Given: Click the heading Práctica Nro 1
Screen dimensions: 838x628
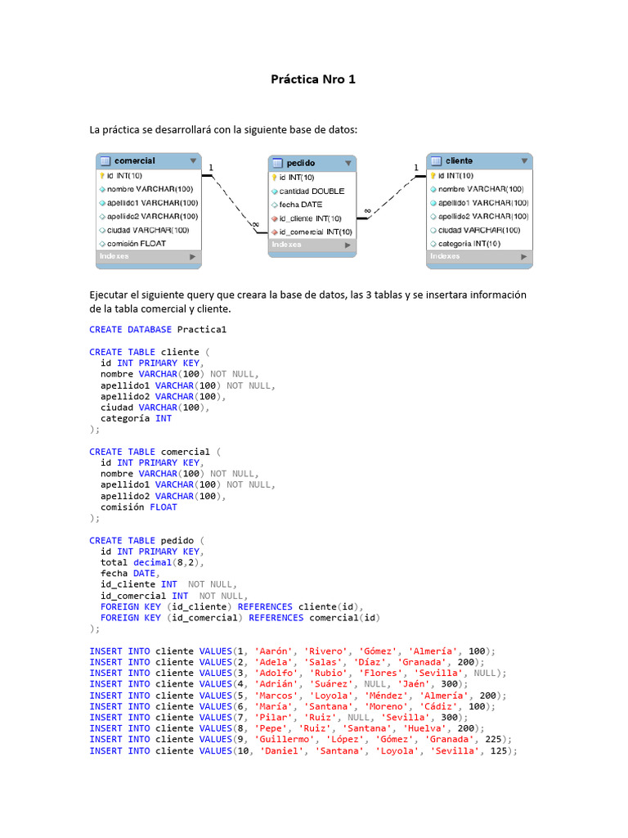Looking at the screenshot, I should pos(313,79).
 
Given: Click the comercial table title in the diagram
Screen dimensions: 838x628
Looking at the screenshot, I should pos(135,160).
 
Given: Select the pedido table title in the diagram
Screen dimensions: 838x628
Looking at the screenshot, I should pos(301,163).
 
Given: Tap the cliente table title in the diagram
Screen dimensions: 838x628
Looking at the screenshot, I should pos(459,160).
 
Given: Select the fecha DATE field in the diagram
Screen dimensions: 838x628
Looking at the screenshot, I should pos(301,205).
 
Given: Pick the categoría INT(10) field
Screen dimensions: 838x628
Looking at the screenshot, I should pos(469,243).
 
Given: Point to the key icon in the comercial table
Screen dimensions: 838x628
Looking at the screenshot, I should pos(102,175).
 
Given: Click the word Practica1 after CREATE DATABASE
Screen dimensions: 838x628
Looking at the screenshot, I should pos(201,330).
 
